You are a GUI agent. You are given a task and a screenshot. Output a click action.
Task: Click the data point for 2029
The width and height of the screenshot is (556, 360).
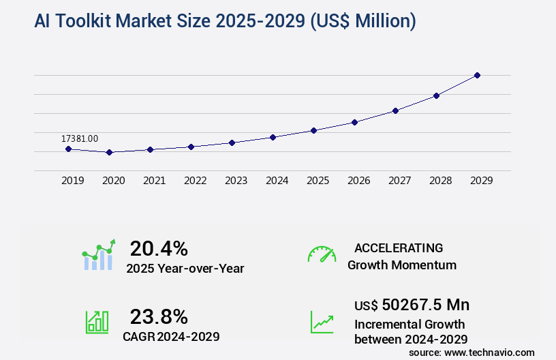[477, 75]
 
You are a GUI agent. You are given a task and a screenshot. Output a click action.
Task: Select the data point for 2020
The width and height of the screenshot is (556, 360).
[109, 152]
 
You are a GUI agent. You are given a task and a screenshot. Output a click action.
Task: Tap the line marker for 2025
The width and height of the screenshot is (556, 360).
[313, 130]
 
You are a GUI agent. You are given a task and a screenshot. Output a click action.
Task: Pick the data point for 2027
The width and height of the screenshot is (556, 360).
[395, 110]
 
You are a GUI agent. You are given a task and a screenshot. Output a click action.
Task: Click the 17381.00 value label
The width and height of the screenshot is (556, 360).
[80, 138]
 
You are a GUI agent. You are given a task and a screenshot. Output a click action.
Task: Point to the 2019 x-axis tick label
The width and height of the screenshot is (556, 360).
[73, 181]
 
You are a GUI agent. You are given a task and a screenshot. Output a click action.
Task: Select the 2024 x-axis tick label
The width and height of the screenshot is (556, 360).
[277, 181]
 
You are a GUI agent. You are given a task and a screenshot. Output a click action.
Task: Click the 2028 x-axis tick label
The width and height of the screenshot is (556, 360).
[441, 181]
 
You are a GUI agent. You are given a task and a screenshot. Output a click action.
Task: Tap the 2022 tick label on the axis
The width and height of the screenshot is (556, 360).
[196, 181]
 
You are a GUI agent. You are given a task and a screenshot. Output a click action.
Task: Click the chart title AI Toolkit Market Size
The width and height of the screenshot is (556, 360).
[225, 21]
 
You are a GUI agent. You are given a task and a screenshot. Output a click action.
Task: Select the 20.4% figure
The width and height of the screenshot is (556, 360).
[159, 248]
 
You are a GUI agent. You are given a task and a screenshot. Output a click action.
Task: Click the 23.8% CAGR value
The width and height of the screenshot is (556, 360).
[159, 316]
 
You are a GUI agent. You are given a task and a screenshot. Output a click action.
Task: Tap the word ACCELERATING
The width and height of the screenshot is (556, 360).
[399, 248]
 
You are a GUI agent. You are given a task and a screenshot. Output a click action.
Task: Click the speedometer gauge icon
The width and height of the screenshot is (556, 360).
[322, 254]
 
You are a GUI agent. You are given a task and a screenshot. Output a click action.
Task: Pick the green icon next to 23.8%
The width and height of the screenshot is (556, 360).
[97, 322]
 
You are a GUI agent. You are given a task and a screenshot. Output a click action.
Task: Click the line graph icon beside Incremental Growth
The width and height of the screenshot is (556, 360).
[322, 322]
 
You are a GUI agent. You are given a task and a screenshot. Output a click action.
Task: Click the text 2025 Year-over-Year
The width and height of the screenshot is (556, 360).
[185, 269]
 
